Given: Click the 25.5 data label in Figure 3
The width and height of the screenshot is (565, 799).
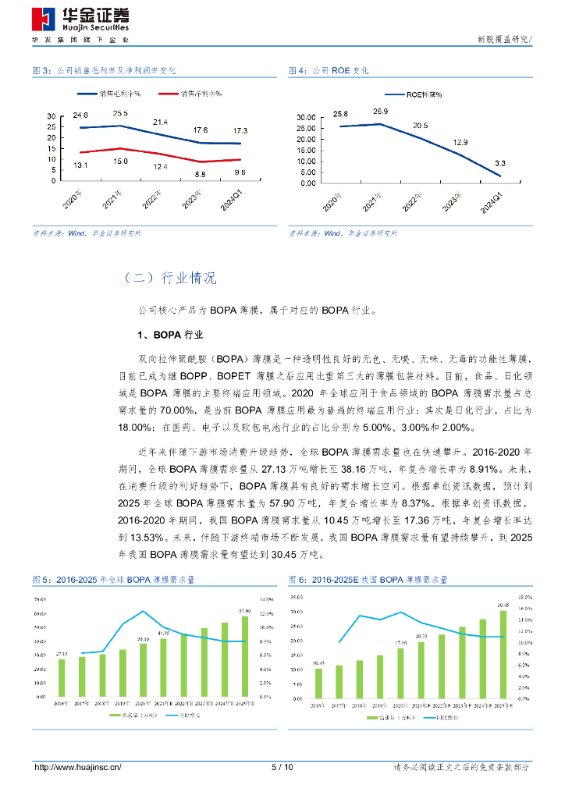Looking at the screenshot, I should (x=120, y=113).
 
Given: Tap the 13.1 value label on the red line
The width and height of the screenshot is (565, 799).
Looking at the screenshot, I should (x=80, y=165).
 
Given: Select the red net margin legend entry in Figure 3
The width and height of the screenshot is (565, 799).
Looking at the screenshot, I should (x=190, y=94).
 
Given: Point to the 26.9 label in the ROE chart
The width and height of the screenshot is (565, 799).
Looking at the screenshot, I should (x=380, y=112).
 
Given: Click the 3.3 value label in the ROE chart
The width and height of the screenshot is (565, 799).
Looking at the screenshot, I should (x=499, y=163).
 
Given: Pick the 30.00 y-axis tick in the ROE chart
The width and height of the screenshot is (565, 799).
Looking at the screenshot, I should (x=305, y=118).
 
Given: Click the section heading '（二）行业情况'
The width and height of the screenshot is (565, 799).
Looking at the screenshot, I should (x=169, y=279).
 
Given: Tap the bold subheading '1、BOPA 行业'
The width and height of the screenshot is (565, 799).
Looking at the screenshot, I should (x=170, y=336).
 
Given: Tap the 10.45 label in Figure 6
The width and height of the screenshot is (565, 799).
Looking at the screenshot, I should (x=318, y=663).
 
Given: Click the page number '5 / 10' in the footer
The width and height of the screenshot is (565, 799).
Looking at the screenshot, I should (x=282, y=767).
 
